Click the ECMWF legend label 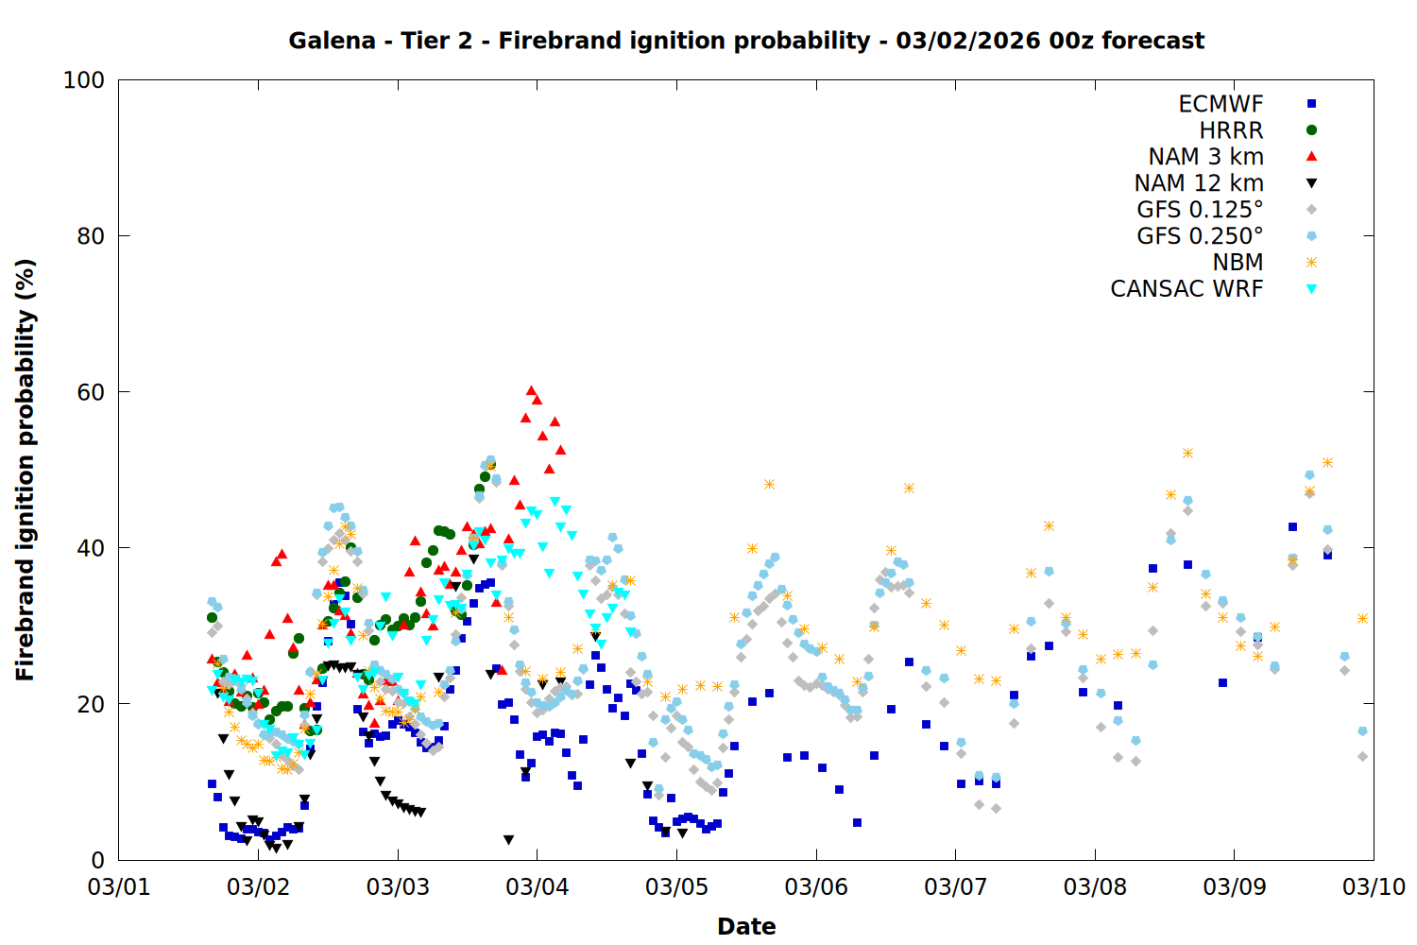click(1221, 104)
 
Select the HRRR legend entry click(1231, 130)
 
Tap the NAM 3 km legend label click(1205, 157)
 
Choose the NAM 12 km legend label click(1199, 183)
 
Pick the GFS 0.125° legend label click(1200, 210)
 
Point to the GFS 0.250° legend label click(1200, 236)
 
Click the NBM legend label click(1238, 263)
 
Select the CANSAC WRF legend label click(1187, 289)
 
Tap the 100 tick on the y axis click(84, 80)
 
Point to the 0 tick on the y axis click(97, 860)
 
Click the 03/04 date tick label click(538, 887)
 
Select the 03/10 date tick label click(1374, 887)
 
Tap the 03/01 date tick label click(119, 887)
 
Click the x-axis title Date click(746, 926)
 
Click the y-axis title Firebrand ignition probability click(26, 470)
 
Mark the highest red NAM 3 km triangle click(531, 390)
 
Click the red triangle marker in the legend click(1311, 157)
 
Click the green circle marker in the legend click(1311, 130)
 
